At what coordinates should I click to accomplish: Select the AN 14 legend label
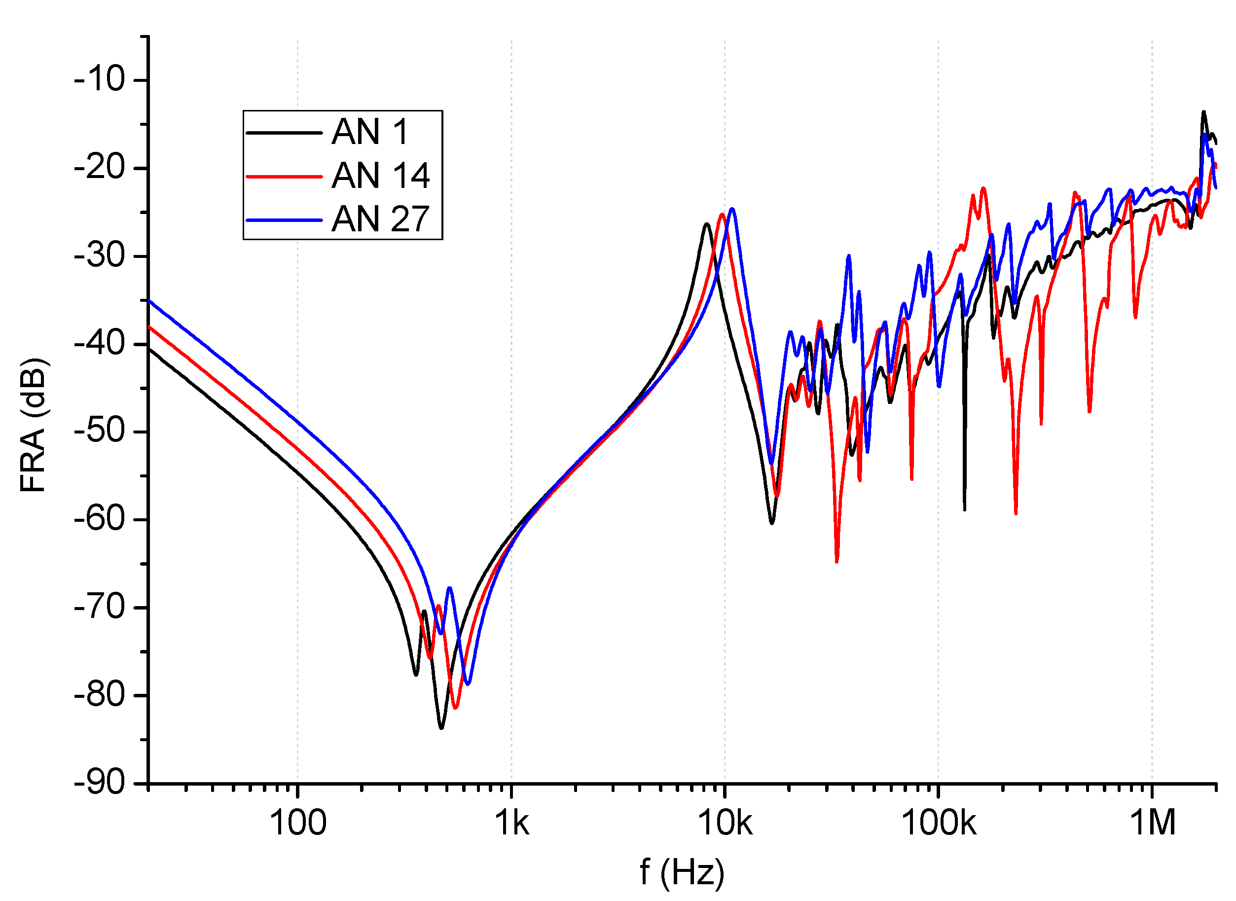(380, 176)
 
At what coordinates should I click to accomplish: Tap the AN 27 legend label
(380, 219)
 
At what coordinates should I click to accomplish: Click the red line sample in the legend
(284, 177)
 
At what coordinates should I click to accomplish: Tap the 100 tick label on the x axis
(298, 823)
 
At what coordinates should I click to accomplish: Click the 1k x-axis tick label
(511, 823)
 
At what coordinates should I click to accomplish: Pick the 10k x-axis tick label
(725, 823)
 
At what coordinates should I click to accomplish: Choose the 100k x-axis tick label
(938, 823)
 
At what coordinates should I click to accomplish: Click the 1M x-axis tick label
(1152, 823)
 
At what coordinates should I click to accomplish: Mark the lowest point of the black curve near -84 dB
(441, 727)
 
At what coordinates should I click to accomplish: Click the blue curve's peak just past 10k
(732, 209)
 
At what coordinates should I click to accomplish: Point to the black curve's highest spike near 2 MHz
(1203, 112)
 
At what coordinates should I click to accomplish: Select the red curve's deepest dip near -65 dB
(836, 561)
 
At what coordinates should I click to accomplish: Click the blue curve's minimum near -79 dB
(468, 684)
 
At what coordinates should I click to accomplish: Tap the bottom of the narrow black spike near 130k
(964, 510)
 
